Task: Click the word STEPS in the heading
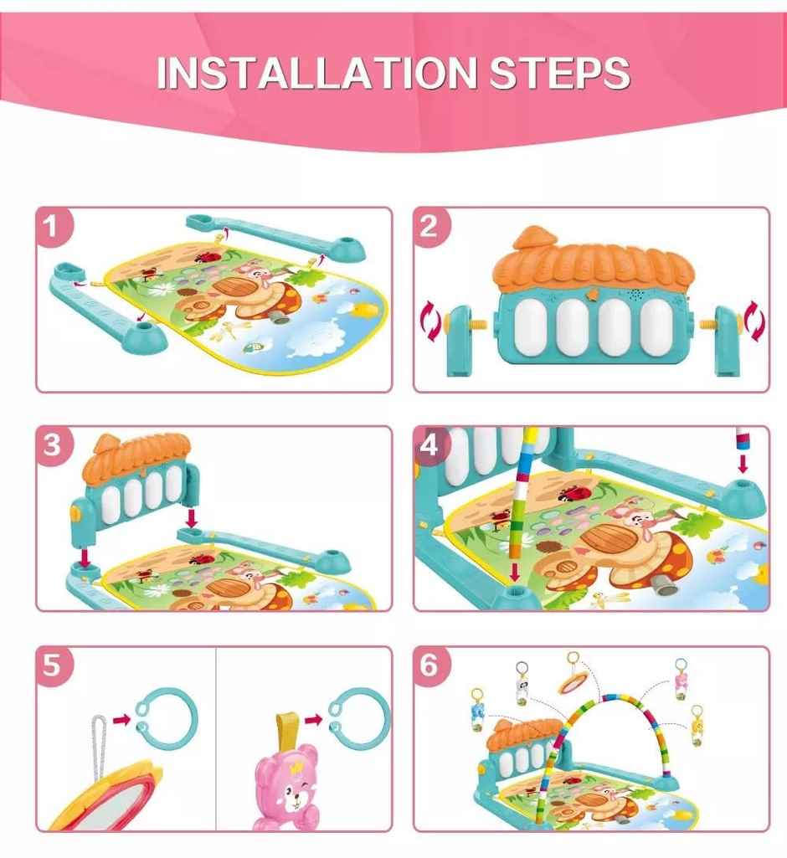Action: click(x=559, y=73)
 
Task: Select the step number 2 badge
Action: click(x=431, y=227)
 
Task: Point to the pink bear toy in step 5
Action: click(x=286, y=791)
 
